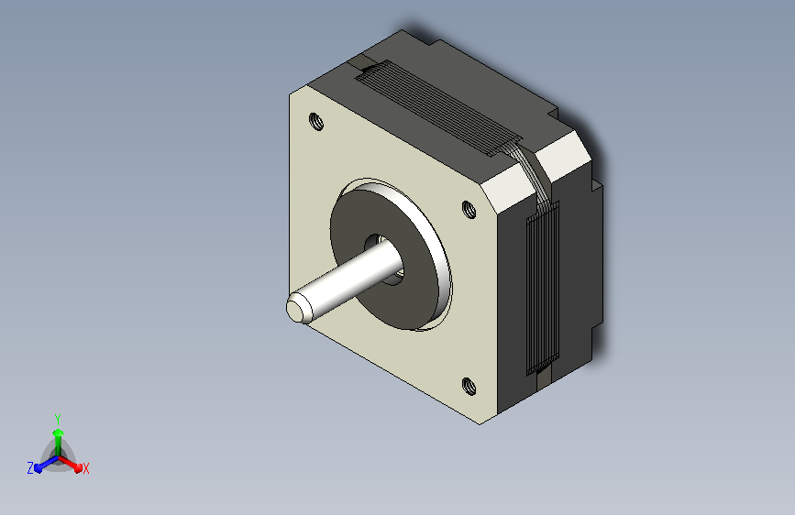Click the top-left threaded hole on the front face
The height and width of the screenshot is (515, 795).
tap(315, 122)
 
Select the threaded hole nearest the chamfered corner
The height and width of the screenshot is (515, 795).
tap(469, 209)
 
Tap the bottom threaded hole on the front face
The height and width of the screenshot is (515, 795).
tap(469, 387)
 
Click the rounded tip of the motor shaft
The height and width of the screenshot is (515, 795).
tap(295, 308)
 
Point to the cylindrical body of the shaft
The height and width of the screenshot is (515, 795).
tap(350, 280)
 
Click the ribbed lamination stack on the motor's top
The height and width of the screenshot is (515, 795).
tap(438, 107)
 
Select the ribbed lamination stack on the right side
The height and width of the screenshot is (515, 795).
tap(543, 287)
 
